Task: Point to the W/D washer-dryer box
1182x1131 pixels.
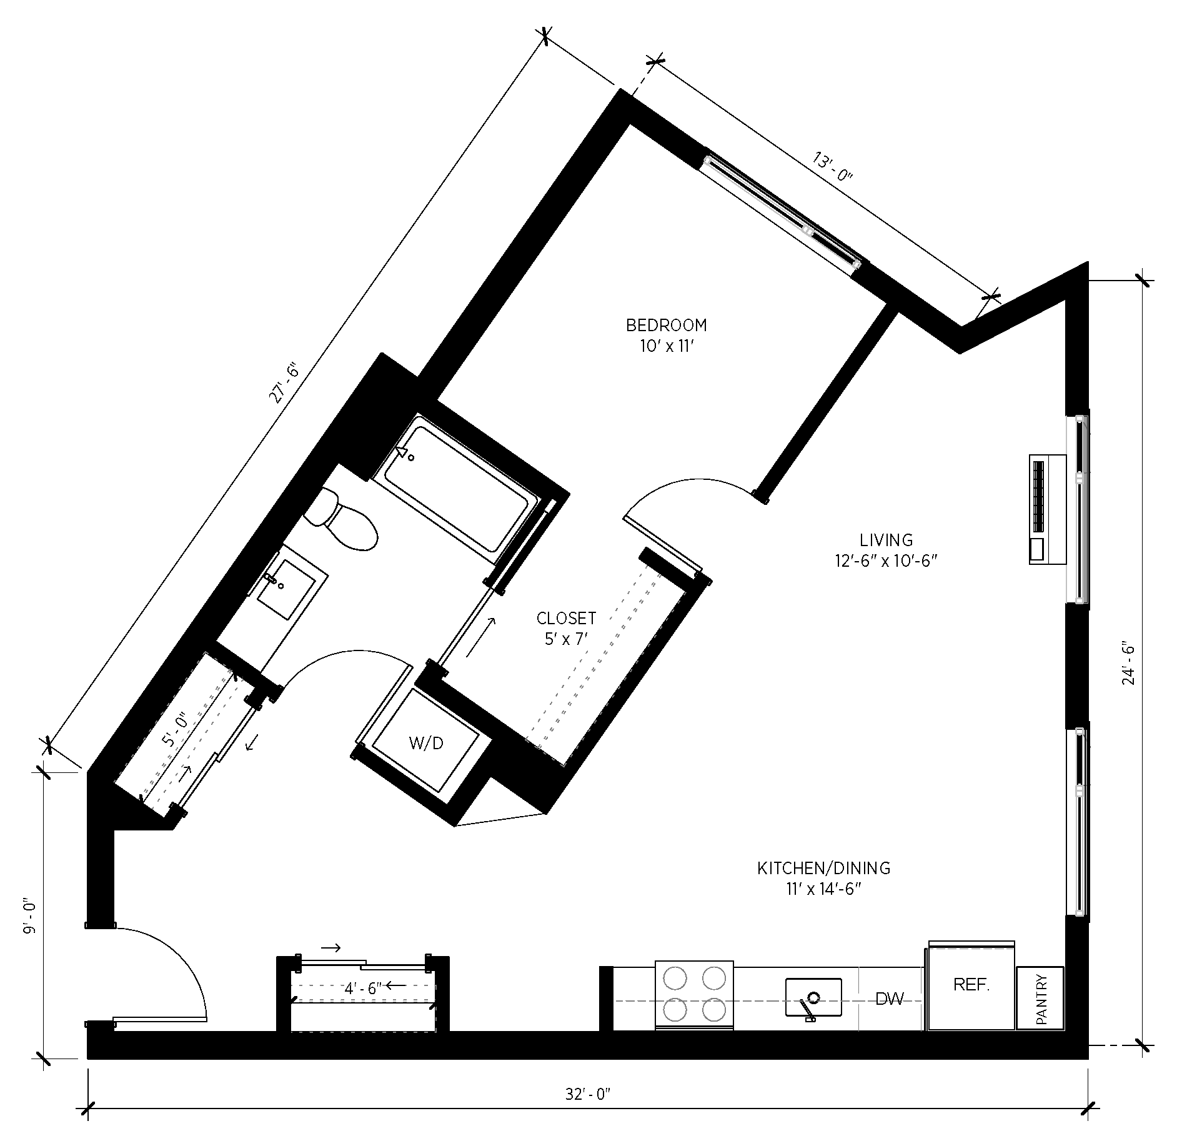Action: click(x=426, y=743)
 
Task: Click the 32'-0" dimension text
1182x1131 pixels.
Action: click(x=587, y=1094)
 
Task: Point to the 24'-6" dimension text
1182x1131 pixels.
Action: click(x=1128, y=662)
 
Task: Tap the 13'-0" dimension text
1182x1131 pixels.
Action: click(x=832, y=166)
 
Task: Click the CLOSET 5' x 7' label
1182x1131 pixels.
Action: click(x=566, y=628)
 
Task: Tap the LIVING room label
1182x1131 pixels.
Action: click(x=886, y=550)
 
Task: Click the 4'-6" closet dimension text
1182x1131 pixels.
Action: click(x=363, y=989)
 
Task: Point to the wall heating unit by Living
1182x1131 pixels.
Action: click(x=1047, y=509)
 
